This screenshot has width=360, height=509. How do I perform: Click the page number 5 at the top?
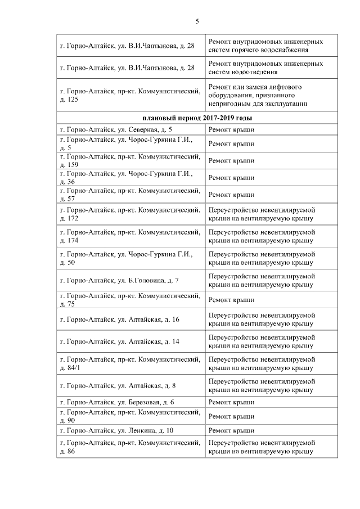point(197,21)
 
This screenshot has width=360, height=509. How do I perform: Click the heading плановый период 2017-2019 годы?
point(196,119)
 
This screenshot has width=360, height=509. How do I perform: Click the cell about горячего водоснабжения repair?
point(265,46)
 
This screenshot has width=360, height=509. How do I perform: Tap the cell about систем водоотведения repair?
point(265,68)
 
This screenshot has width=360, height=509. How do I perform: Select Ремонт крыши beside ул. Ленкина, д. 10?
point(231,430)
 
